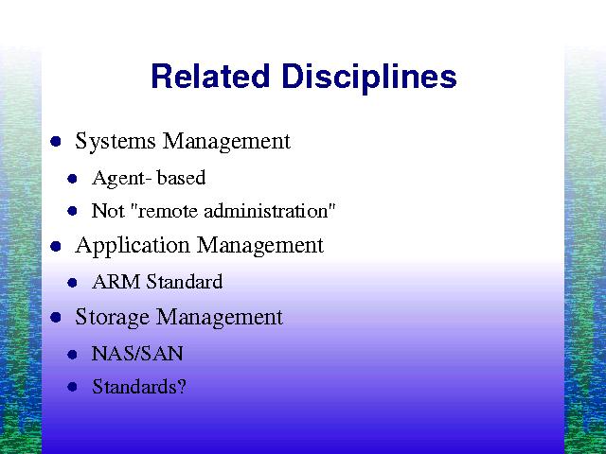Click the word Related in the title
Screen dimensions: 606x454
coord(210,76)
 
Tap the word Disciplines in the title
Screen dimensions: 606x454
coord(369,79)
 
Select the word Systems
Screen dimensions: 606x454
coord(116,141)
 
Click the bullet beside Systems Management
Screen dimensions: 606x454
coord(56,141)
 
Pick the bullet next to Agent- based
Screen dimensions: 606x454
coord(72,179)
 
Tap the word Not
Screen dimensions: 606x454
coord(108,211)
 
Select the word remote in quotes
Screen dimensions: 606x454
coord(168,212)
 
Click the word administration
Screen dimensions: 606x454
coord(266,211)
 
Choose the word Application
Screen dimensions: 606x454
coord(133,246)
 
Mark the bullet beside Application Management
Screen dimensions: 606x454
coord(56,246)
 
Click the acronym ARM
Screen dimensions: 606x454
coord(116,282)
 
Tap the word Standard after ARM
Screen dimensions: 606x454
coord(185,282)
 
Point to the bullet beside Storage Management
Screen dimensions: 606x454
coord(56,318)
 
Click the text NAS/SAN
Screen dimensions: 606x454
coord(137,354)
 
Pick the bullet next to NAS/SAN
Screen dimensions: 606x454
coord(72,355)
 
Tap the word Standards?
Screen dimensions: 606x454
coord(139,387)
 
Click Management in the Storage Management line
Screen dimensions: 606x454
coord(219,318)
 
